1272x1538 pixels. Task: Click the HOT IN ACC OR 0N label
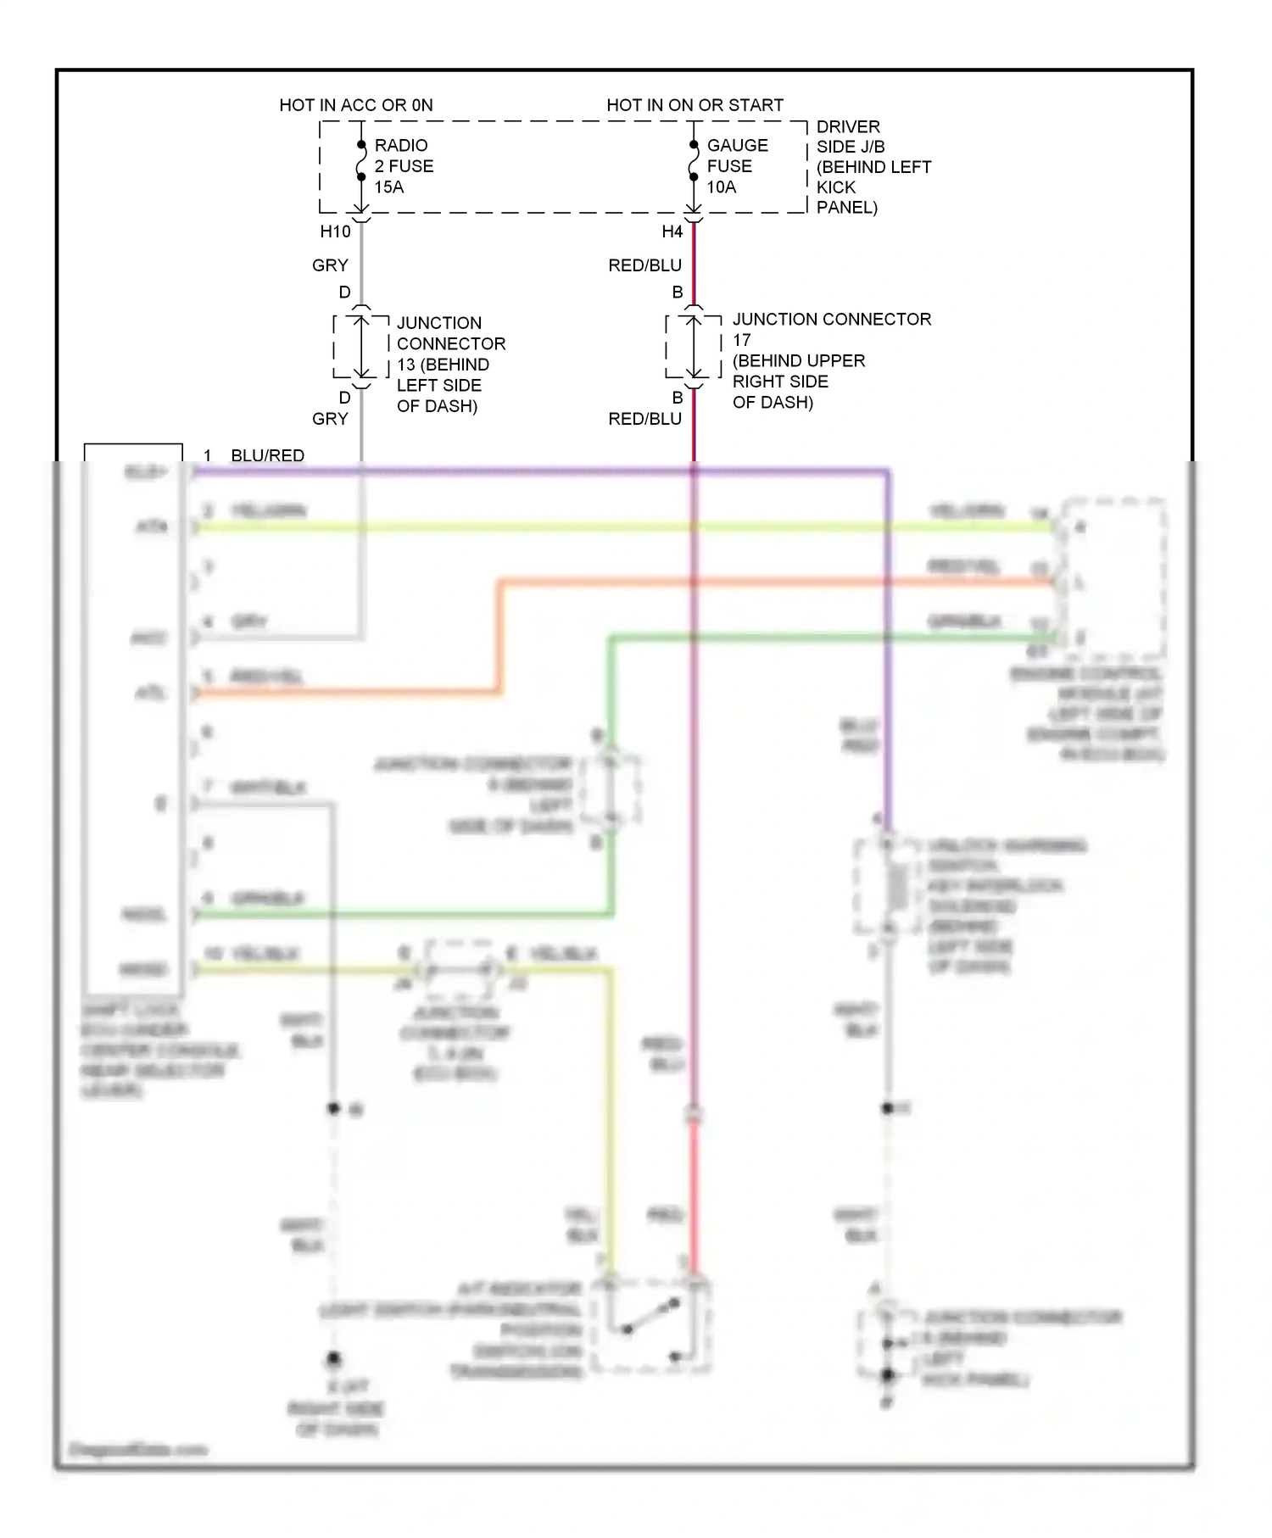click(356, 105)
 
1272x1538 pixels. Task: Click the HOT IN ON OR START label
click(695, 105)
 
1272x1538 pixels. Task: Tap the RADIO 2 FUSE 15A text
click(404, 166)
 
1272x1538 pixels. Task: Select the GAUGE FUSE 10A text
click(737, 166)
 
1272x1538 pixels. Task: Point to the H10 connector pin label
click(335, 231)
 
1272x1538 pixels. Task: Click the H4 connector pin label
click(672, 231)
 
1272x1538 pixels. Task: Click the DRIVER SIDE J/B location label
click(873, 167)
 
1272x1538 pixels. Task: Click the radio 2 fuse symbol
click(361, 161)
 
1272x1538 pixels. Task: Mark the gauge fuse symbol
click(694, 161)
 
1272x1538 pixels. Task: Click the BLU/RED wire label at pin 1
click(267, 455)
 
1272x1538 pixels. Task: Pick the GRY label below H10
click(330, 265)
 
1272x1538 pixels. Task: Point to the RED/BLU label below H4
click(644, 265)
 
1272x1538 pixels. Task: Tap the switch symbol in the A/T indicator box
click(651, 1315)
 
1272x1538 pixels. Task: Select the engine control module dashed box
click(1114, 580)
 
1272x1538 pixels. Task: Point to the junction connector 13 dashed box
click(361, 347)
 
